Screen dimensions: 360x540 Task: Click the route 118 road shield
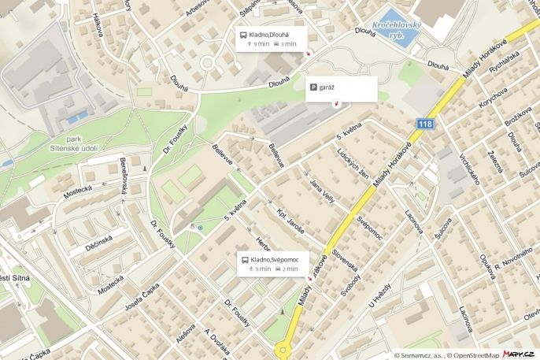click(425, 124)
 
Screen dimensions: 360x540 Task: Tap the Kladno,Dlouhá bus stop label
click(268, 35)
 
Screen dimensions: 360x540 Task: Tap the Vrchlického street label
click(470, 168)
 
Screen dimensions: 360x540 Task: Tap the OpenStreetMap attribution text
click(473, 354)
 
